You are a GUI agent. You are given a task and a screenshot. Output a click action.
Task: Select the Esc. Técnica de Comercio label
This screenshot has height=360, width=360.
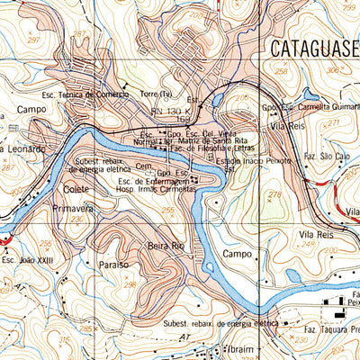(x=81, y=94)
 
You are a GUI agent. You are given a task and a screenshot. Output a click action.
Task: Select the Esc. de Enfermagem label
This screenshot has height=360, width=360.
(x=155, y=182)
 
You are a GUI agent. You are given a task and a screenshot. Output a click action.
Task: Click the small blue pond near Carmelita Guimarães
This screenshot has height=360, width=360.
(x=310, y=93)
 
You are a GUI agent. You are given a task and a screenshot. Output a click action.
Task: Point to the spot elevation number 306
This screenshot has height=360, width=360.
(x=335, y=69)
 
